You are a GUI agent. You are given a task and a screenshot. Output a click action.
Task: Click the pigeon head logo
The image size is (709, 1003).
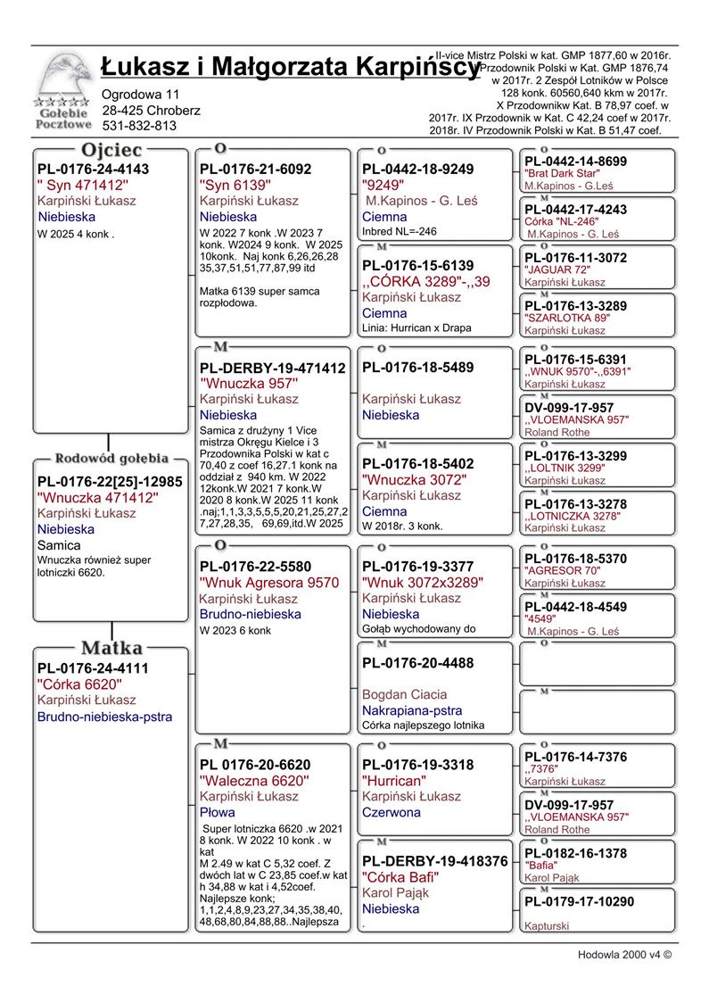coord(62,81)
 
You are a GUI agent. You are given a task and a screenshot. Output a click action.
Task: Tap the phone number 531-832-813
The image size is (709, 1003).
coord(139,126)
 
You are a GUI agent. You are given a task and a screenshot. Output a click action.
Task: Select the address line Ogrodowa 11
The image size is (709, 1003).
coord(141,95)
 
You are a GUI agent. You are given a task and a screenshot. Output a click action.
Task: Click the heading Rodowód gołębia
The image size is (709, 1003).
coord(111,459)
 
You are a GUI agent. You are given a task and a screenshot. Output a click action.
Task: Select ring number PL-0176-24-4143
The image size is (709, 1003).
coord(94,169)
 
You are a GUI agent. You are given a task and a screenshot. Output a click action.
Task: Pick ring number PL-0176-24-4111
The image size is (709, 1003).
coord(94,667)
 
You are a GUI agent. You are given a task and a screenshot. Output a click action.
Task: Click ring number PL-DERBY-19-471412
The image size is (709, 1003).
coord(272,368)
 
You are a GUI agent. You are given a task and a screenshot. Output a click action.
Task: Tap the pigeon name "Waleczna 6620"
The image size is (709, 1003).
coord(254,781)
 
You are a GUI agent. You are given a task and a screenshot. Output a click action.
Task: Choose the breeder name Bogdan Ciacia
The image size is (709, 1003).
coord(404,694)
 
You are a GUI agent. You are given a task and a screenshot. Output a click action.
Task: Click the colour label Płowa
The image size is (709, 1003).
coord(217,813)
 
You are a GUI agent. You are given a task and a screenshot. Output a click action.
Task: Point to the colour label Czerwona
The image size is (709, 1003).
coord(392,813)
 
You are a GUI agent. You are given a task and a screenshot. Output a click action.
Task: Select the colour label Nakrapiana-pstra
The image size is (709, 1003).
coord(412,710)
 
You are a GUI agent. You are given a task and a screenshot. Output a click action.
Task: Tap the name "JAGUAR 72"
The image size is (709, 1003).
coord(557,269)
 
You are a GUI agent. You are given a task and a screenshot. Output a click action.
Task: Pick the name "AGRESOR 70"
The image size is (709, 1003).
coord(561,571)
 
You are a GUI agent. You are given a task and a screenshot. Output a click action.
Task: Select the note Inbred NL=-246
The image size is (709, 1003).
coord(400,231)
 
